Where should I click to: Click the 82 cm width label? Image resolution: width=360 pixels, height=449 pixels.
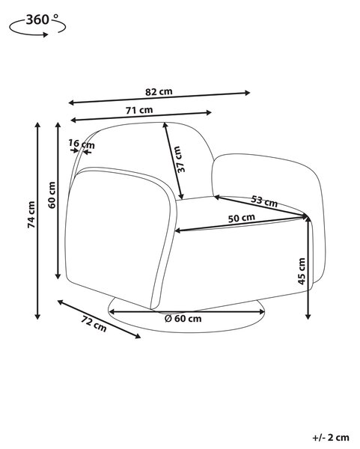(159, 91)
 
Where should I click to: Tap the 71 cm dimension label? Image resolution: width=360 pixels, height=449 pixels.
(139, 110)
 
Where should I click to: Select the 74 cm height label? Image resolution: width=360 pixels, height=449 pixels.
(31, 215)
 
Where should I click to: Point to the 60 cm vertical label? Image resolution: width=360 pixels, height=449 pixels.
(52, 195)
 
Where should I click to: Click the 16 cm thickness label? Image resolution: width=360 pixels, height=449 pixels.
(82, 144)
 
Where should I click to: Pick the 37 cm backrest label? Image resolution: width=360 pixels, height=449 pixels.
(180, 159)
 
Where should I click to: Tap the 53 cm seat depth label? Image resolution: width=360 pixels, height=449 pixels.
(264, 201)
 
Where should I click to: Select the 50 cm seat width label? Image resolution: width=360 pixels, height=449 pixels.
(242, 219)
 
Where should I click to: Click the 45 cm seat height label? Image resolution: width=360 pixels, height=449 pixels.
(302, 271)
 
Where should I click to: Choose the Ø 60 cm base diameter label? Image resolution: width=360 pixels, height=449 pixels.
(183, 319)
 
